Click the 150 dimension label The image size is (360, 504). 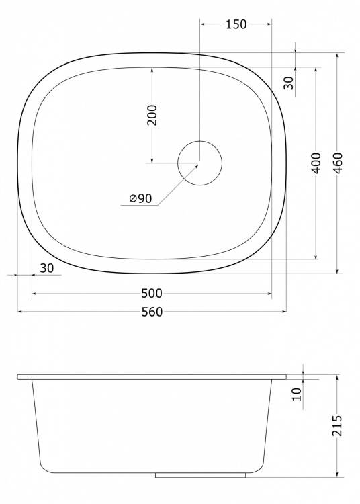[236, 24]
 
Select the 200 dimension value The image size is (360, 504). [152, 115]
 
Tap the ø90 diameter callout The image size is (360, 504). [140, 198]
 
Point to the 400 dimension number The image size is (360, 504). [316, 163]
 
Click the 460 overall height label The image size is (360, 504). [338, 163]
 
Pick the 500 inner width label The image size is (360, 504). [152, 293]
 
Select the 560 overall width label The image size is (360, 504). [152, 312]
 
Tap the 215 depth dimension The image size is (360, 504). [337, 426]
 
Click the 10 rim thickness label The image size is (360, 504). [297, 394]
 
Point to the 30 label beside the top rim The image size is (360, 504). [289, 83]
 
